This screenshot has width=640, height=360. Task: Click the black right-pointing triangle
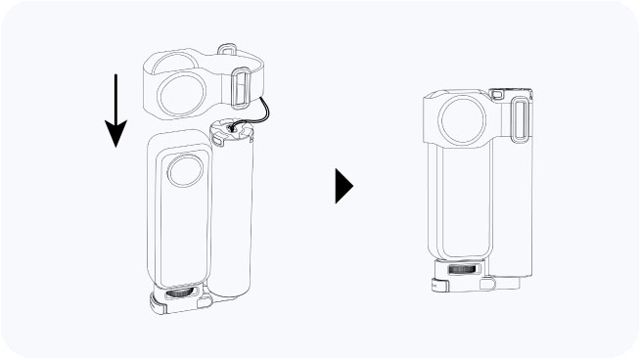point(343,185)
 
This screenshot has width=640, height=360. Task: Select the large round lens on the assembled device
point(459,121)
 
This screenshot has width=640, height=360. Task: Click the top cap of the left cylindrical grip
point(232,131)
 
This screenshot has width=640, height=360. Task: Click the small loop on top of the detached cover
point(228,48)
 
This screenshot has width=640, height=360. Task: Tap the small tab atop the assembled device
point(495,93)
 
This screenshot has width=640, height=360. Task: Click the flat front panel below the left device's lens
point(179,235)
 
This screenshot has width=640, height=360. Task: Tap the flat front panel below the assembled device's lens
point(459,205)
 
